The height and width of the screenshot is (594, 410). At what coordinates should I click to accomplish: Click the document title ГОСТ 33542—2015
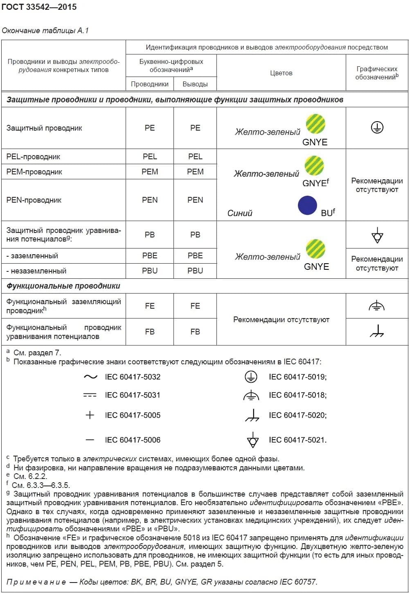39,7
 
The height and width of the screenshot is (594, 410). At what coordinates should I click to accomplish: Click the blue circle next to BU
307,206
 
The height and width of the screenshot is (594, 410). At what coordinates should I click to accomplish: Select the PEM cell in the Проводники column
150,172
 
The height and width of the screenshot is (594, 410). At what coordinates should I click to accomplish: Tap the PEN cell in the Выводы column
195,200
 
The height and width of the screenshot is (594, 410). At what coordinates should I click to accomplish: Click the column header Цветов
281,73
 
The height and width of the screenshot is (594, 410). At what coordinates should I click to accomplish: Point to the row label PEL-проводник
34,157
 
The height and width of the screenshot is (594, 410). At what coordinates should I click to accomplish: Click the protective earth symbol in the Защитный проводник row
377,128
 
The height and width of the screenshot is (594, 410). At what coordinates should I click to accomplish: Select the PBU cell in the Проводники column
150,271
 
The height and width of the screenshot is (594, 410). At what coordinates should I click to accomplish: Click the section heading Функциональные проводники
63,286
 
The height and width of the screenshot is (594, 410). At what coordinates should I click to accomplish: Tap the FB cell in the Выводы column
195,332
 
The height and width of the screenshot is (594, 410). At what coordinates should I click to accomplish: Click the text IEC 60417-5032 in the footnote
133,377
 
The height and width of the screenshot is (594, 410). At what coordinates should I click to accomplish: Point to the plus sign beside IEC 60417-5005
90,415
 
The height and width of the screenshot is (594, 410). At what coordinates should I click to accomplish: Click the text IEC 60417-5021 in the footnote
297,440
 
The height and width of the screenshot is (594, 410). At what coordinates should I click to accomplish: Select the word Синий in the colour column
240,213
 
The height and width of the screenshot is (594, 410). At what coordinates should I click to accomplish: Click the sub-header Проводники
150,84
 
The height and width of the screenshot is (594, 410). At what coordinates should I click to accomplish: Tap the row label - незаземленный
36,271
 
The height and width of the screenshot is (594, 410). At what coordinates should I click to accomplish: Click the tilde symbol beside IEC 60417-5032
90,377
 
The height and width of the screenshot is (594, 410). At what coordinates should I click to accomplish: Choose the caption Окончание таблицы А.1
45,31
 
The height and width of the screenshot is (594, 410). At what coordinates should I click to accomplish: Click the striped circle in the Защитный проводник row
315,124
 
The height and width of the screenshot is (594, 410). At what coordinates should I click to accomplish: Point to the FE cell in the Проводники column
150,306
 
